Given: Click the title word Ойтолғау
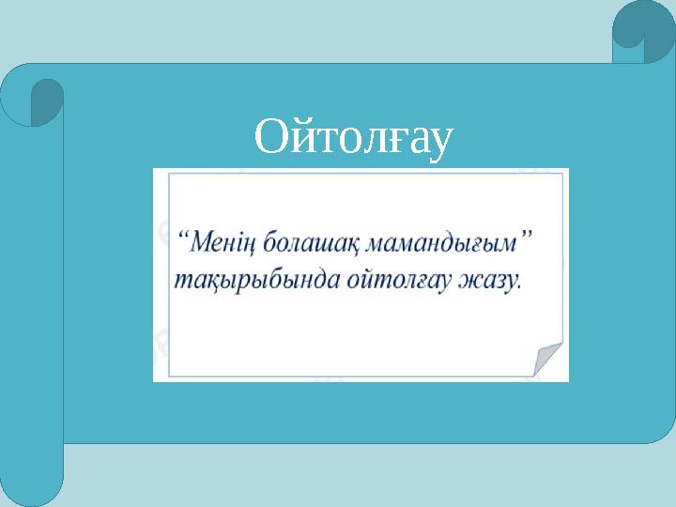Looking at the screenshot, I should click(354, 138).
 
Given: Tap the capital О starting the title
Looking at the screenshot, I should click(270, 138).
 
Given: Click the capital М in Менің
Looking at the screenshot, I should click(200, 244).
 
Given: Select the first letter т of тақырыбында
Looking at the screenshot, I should click(178, 281).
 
